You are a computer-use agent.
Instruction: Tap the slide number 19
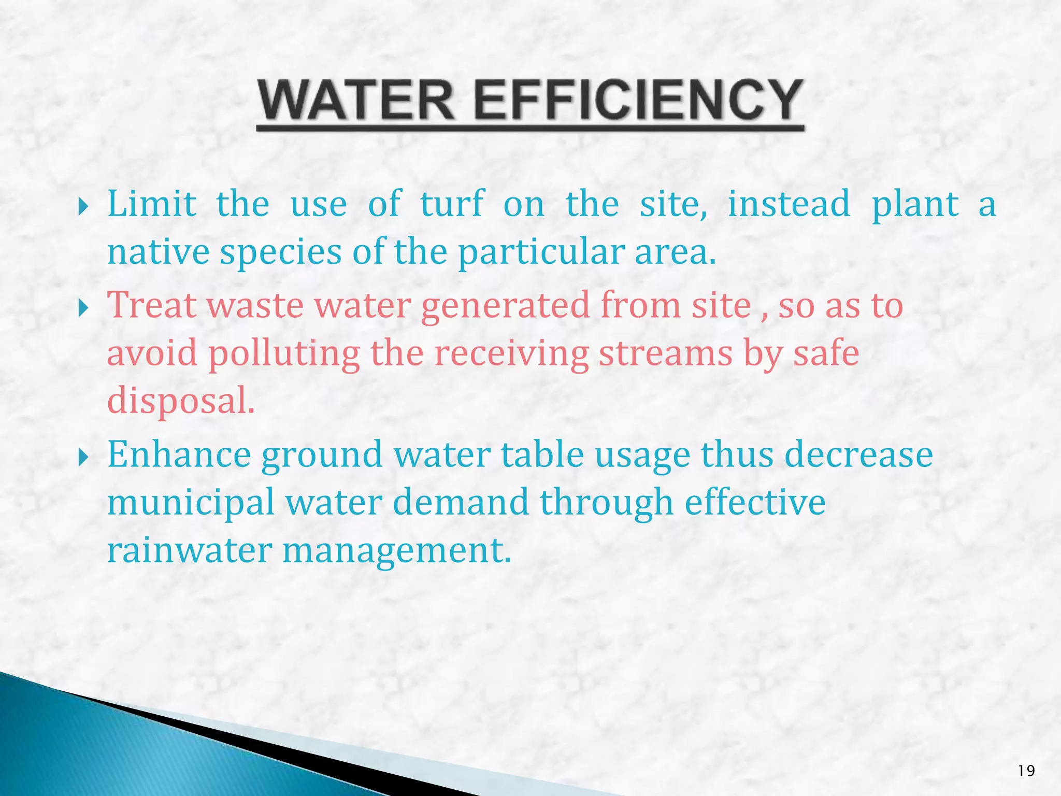[1026, 771]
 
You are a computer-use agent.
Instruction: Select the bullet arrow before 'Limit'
[83, 208]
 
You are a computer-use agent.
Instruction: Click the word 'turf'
[452, 203]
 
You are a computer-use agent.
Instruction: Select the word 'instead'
[788, 203]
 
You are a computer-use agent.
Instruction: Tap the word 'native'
[157, 252]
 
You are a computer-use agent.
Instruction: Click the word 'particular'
[541, 253]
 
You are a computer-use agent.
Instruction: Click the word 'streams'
[666, 353]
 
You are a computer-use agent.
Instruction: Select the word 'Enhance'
[179, 454]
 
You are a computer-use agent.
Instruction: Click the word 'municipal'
[191, 503]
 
